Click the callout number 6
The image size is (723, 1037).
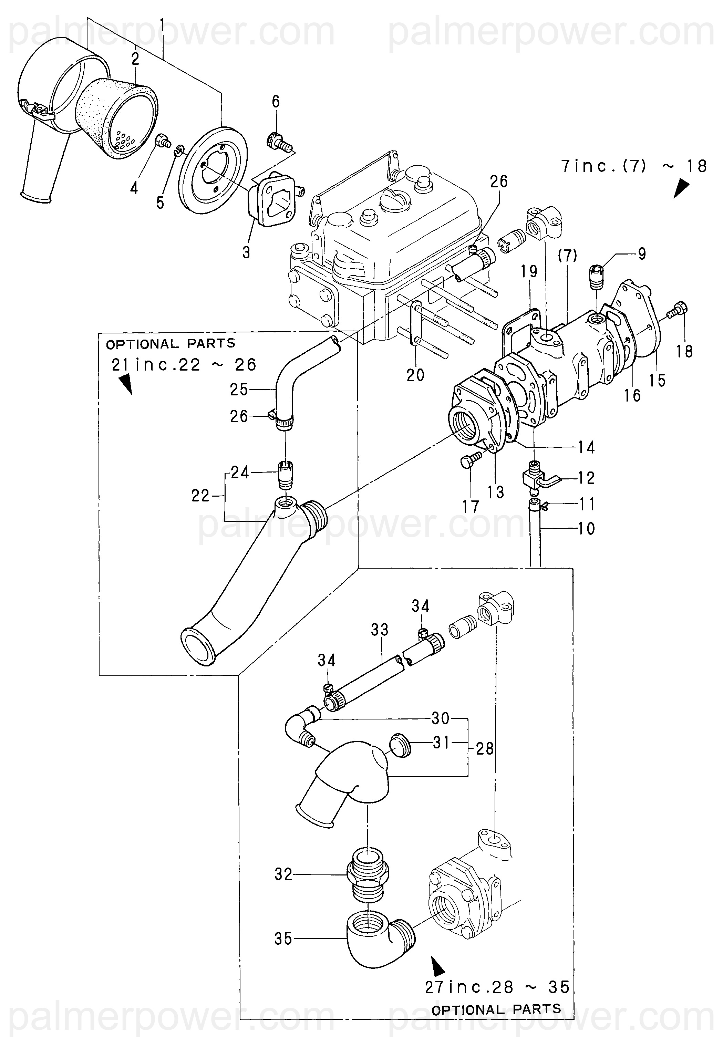[x=276, y=102]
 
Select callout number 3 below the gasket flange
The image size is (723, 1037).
[x=246, y=252]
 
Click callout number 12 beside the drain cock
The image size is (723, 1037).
[x=586, y=477]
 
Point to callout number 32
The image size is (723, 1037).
[x=283, y=874]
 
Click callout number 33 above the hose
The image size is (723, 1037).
[x=379, y=629]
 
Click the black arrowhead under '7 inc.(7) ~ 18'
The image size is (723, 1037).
[x=681, y=189]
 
